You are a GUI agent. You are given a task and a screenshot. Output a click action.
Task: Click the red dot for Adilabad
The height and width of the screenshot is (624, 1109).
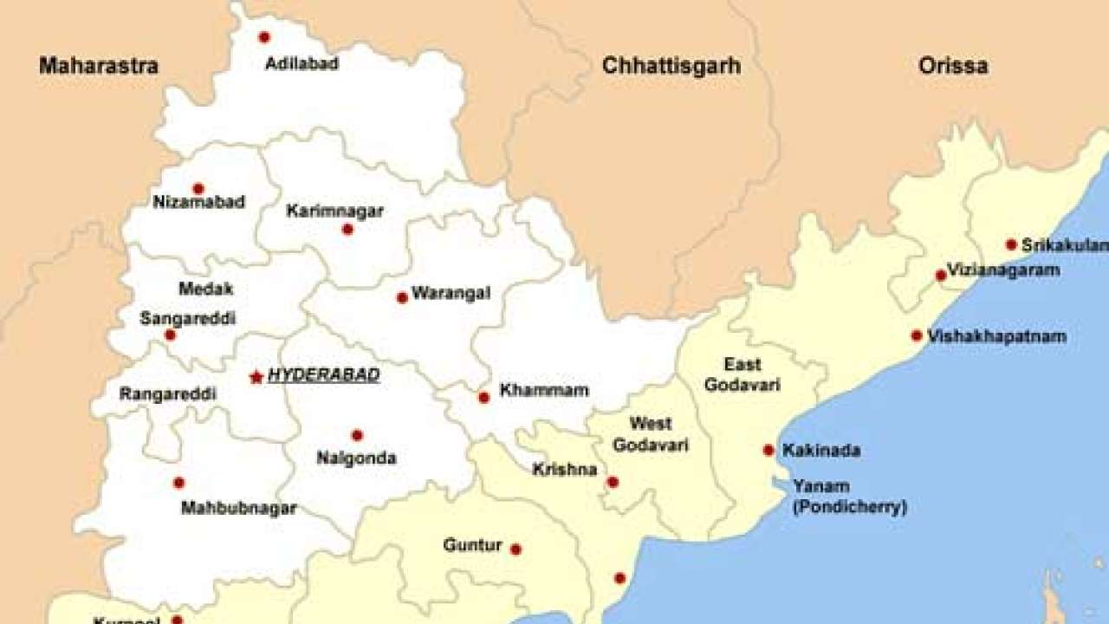[x=264, y=37]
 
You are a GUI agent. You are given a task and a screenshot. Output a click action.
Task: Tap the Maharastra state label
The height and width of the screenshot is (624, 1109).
[x=98, y=66]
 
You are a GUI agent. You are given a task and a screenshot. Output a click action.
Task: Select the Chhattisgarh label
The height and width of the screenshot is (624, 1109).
[x=671, y=66]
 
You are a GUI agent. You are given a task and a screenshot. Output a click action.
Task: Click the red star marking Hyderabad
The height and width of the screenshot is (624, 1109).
[x=256, y=377]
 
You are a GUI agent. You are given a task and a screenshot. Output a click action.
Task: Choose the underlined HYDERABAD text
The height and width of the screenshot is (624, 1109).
[x=324, y=375]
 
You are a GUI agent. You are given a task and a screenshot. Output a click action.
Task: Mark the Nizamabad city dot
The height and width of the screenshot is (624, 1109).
[x=198, y=189]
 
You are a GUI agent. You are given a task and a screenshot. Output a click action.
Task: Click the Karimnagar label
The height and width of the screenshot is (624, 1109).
[x=334, y=211]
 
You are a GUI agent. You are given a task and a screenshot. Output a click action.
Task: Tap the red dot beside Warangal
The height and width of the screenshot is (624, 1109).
[x=402, y=297]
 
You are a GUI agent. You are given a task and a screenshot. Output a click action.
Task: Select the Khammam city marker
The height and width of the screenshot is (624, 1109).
[x=483, y=398]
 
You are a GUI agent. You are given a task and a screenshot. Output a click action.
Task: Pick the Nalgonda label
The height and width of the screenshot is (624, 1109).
[x=357, y=458]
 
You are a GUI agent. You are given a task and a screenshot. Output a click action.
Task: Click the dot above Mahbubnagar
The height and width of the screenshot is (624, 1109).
[x=178, y=483]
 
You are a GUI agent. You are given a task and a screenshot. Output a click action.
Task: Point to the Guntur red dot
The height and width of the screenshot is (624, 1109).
[x=516, y=549]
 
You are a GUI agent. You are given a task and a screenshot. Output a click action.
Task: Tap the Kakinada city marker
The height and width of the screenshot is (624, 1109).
[x=769, y=450]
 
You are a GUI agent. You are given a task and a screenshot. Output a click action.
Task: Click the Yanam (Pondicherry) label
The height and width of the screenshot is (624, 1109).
[x=849, y=497]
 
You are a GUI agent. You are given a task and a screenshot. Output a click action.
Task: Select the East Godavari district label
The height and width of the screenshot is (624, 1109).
[x=743, y=374]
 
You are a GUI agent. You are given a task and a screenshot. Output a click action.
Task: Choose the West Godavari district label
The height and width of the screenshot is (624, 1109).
[x=651, y=434]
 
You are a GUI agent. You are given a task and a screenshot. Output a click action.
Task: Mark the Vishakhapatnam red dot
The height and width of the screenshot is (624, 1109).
[x=917, y=335]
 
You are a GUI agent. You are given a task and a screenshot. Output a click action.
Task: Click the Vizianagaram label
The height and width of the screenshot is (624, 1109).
[x=1003, y=270]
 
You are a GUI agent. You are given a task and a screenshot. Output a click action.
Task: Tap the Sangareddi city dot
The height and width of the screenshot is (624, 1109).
[x=170, y=335]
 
